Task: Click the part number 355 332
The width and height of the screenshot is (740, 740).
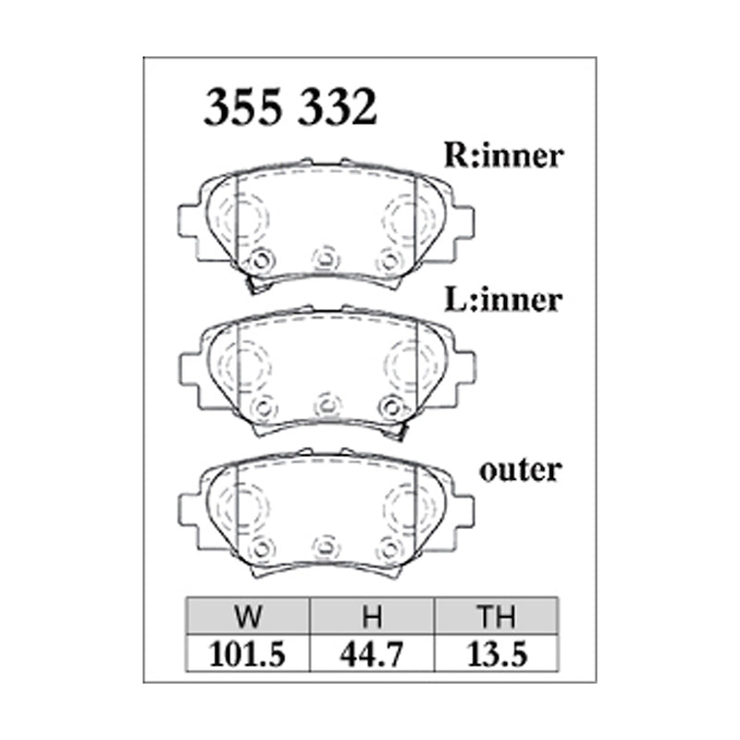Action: (x=290, y=107)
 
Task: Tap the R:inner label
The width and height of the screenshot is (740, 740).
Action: (x=503, y=155)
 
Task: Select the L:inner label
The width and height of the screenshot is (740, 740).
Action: (x=503, y=301)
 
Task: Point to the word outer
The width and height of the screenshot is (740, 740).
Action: (x=520, y=471)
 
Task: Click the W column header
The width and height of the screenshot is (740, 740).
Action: (x=248, y=616)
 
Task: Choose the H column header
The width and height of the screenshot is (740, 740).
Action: (x=372, y=616)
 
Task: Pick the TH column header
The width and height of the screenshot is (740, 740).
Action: (x=496, y=616)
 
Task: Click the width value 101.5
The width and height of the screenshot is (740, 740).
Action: (x=247, y=655)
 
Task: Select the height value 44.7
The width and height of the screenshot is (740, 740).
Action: (x=372, y=655)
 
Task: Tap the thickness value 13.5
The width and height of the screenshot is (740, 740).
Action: (x=497, y=655)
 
